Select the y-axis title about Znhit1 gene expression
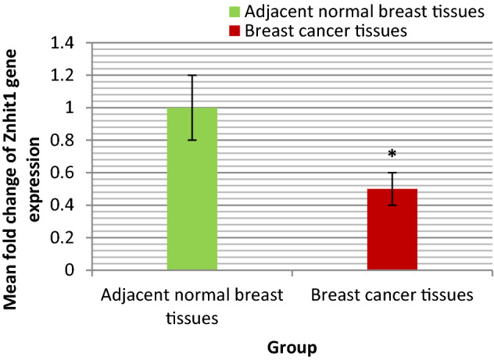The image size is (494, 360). pos(23,156)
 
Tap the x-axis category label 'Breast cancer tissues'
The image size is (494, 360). pos(391,296)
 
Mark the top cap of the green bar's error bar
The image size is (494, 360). pos(192,76)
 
